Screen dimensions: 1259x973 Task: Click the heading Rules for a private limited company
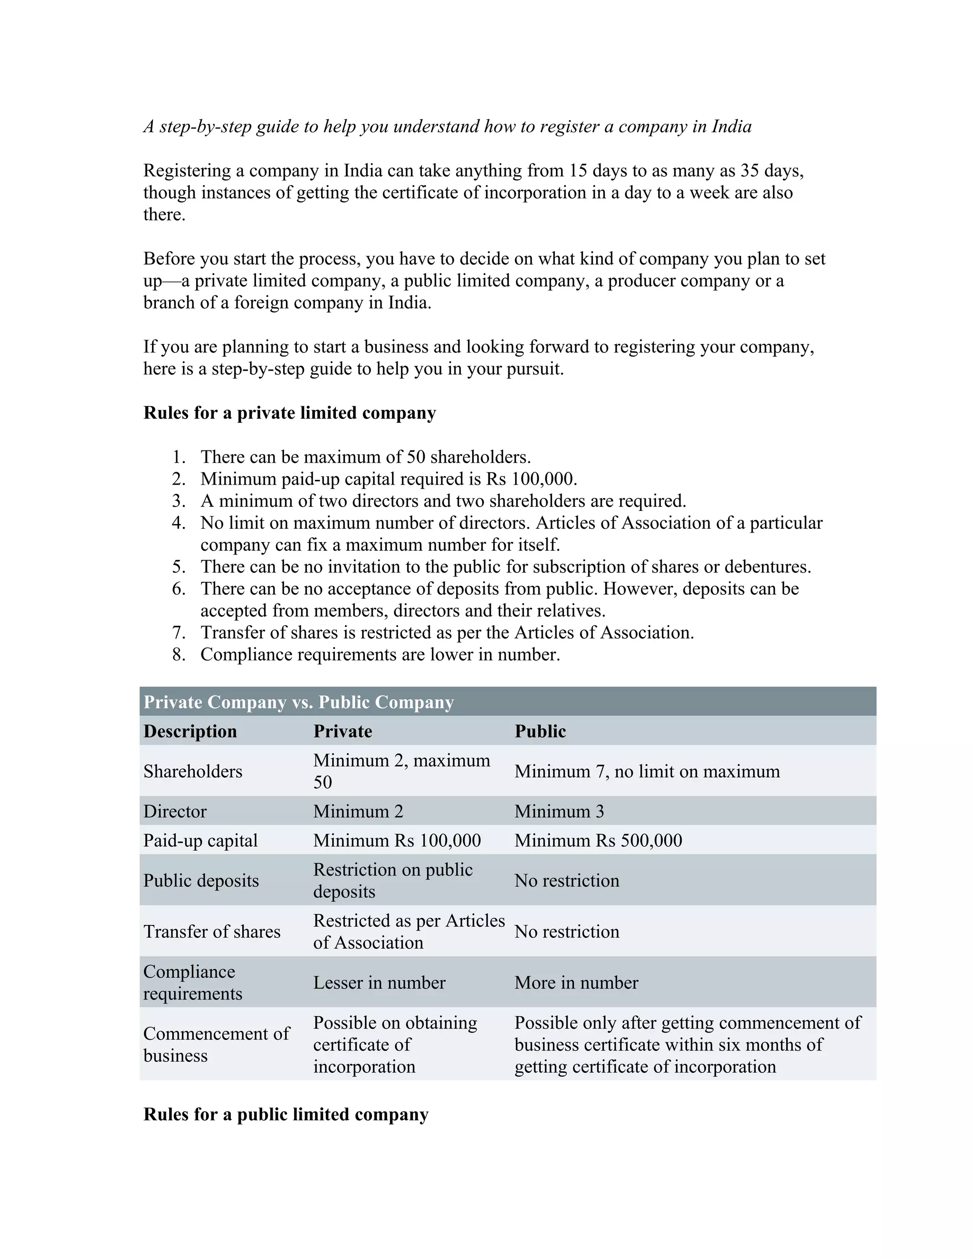289,413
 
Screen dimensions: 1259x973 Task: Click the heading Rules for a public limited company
286,1114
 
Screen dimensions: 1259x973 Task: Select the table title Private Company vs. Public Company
298,702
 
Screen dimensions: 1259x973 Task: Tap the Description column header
190,731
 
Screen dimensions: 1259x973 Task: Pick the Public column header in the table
540,731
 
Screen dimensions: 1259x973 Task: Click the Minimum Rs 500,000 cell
598,840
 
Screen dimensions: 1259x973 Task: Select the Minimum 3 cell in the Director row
559,811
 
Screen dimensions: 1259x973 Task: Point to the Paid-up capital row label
200,840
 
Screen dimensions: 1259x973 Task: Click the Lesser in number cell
379,982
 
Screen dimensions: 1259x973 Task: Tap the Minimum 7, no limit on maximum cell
647,771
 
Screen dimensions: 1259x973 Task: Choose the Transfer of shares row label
211,932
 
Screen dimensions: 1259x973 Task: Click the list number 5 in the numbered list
178,567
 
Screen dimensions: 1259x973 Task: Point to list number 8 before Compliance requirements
178,654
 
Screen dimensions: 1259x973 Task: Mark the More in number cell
576,982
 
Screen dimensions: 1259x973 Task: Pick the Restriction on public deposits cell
392,880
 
